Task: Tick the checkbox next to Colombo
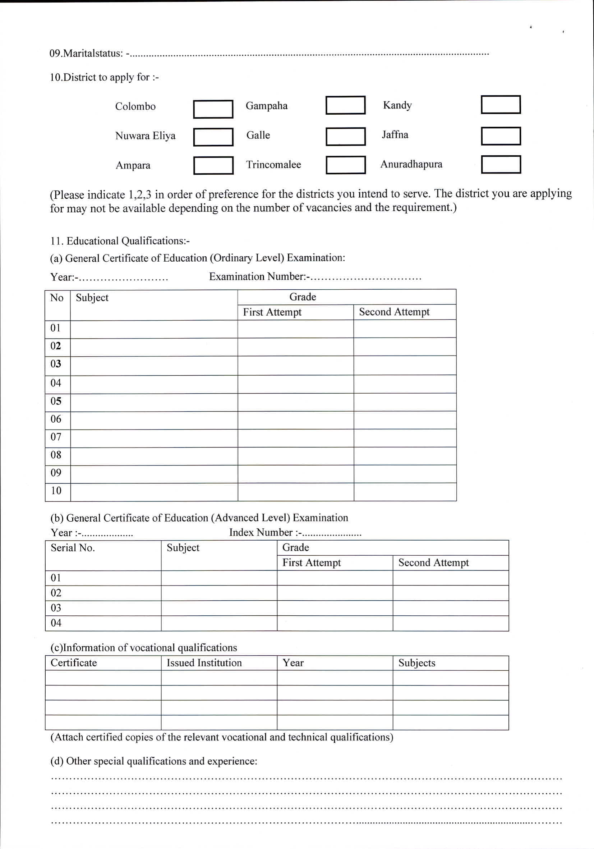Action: (x=213, y=109)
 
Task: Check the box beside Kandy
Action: (x=501, y=105)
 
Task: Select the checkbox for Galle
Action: (x=345, y=137)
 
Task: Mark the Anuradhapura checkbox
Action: (x=501, y=165)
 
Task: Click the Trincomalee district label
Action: (x=273, y=165)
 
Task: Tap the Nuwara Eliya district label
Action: (x=145, y=136)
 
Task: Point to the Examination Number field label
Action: (x=257, y=277)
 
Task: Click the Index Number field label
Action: (x=261, y=532)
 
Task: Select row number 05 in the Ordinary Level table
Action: (x=56, y=401)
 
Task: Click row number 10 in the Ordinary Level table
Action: (x=56, y=491)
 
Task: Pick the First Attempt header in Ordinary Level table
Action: (x=272, y=312)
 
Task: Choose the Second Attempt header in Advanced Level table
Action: (x=433, y=563)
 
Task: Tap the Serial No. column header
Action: (x=73, y=548)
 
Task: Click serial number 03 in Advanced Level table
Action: (x=56, y=607)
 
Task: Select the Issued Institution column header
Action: (x=204, y=663)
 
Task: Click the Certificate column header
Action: (x=74, y=663)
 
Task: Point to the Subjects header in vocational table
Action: (x=416, y=663)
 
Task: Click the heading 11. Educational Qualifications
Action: (x=120, y=241)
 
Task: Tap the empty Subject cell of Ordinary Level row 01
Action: (x=154, y=329)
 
